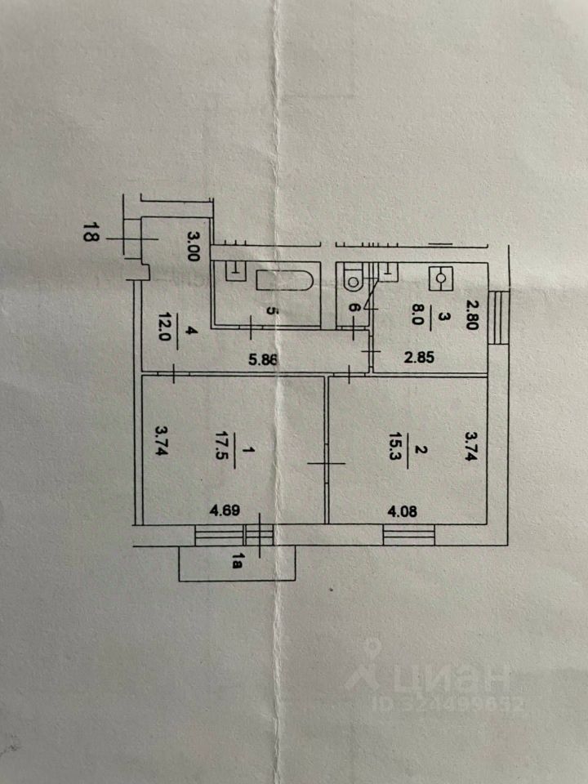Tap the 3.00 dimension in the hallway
(x=194, y=246)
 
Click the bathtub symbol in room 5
(x=285, y=281)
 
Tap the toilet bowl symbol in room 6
(x=354, y=279)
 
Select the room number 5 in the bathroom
(x=274, y=311)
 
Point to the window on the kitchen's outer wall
(x=497, y=315)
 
